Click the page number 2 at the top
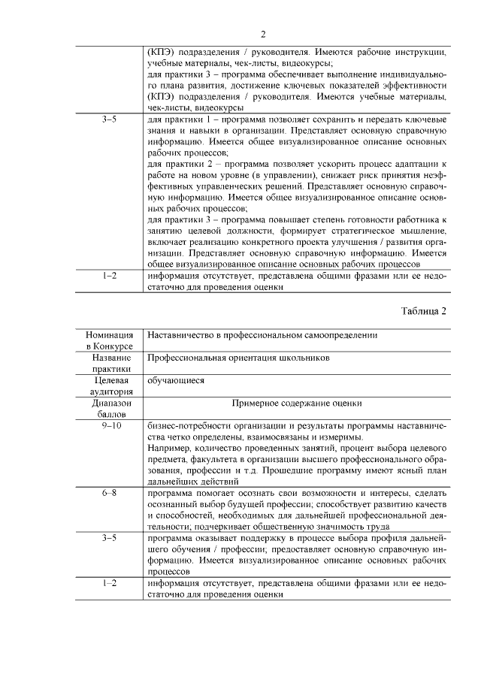pyautogui.click(x=263, y=35)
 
